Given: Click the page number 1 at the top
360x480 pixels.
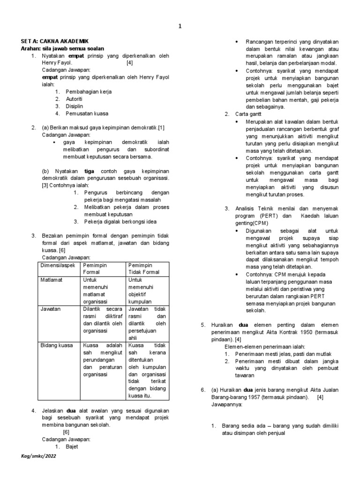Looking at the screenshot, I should tap(180, 26).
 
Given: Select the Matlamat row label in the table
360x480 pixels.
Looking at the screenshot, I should tap(52, 280).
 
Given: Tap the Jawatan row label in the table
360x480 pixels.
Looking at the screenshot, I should tap(50, 309).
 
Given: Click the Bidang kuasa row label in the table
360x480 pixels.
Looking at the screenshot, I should tap(57, 345).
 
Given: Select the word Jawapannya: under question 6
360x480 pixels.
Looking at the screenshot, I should tap(227, 405).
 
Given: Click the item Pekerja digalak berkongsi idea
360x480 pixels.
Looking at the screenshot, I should tap(120, 222).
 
